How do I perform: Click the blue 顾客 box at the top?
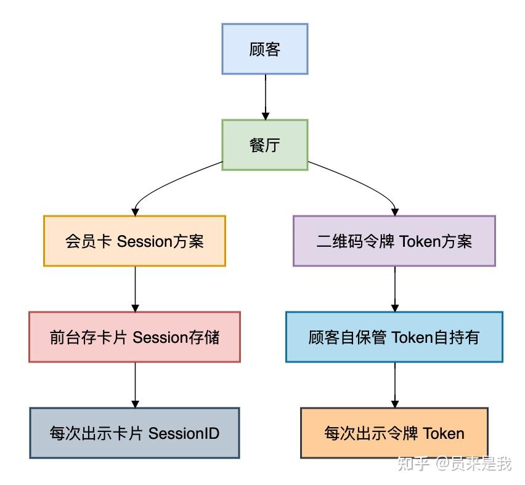264,49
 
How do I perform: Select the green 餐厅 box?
264,145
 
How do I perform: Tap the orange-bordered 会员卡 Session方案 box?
134,241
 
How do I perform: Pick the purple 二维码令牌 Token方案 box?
394,241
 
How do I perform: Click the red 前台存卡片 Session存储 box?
134,337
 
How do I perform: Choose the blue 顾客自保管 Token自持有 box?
394,337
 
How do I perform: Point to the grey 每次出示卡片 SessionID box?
134,433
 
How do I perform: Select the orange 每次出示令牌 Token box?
394,433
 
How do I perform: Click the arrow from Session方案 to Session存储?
135,289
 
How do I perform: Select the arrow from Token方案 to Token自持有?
395,289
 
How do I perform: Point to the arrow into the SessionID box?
135,385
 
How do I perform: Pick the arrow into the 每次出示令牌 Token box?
395,385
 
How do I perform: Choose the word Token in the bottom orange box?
443,433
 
